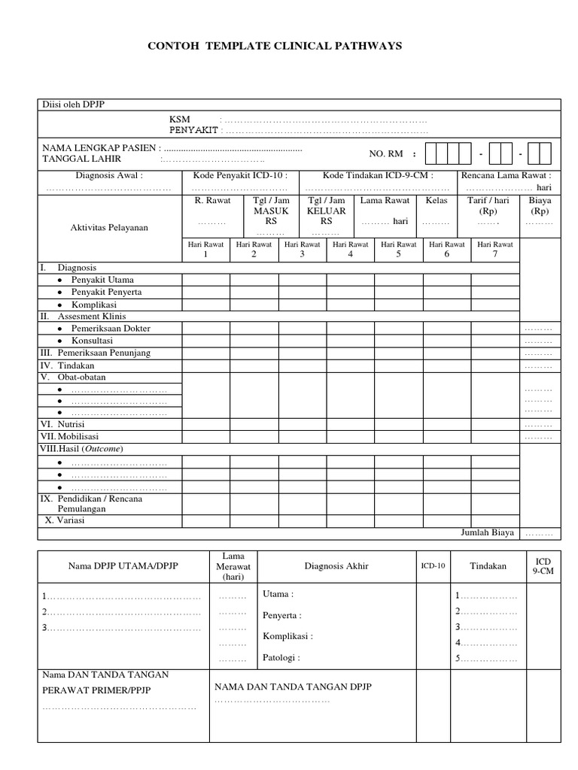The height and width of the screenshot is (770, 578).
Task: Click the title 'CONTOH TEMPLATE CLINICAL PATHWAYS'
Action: tap(278, 46)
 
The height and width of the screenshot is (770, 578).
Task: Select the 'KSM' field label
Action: tap(180, 120)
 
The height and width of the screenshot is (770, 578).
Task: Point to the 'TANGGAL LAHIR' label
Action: tap(81, 159)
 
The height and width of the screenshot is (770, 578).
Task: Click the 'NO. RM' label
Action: tap(385, 153)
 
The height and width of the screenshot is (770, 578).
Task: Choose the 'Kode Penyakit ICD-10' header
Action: tap(240, 174)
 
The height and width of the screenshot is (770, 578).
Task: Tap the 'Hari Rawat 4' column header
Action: tap(350, 249)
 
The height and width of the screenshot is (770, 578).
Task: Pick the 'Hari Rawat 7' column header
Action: tap(494, 249)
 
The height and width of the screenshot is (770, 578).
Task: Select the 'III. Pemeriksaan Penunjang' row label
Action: tap(95, 353)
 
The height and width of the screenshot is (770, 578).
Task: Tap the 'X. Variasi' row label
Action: tap(65, 520)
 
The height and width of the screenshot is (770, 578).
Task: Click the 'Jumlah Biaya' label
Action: tap(487, 532)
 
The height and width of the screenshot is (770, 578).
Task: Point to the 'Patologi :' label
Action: tap(281, 657)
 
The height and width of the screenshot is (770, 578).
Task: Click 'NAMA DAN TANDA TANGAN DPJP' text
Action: tap(293, 687)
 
